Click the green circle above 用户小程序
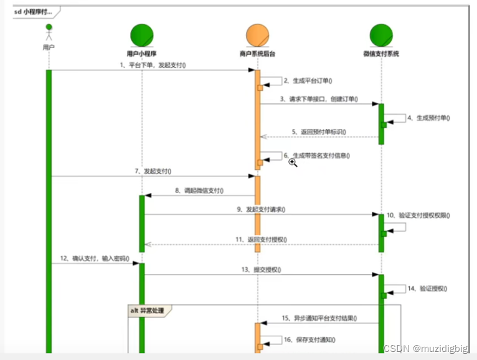click(x=142, y=36)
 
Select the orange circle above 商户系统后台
click(x=257, y=36)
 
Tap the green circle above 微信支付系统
click(x=381, y=36)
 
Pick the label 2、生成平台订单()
click(x=308, y=80)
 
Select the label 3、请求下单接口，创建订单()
click(x=319, y=98)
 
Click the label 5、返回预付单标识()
click(x=318, y=132)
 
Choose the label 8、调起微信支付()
click(x=199, y=191)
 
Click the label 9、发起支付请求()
click(x=260, y=210)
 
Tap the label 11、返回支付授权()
click(x=261, y=239)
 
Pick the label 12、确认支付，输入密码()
click(x=98, y=258)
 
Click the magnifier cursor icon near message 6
click(x=293, y=163)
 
